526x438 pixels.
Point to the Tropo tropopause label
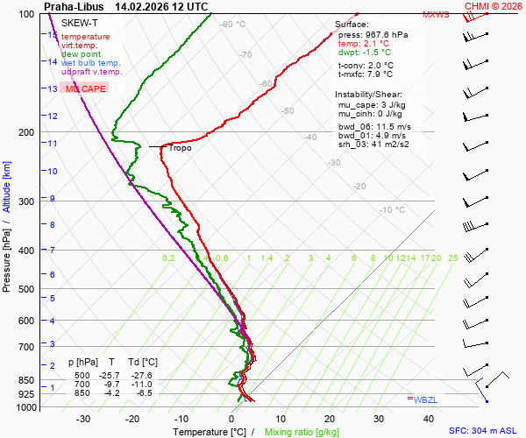(x=180, y=148)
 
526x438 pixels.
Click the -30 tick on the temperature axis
(x=83, y=419)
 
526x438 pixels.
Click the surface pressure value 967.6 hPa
(x=387, y=34)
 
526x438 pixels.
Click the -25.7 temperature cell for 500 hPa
(x=113, y=374)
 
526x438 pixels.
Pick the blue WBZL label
(x=424, y=399)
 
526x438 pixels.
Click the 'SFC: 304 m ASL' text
(x=485, y=431)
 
